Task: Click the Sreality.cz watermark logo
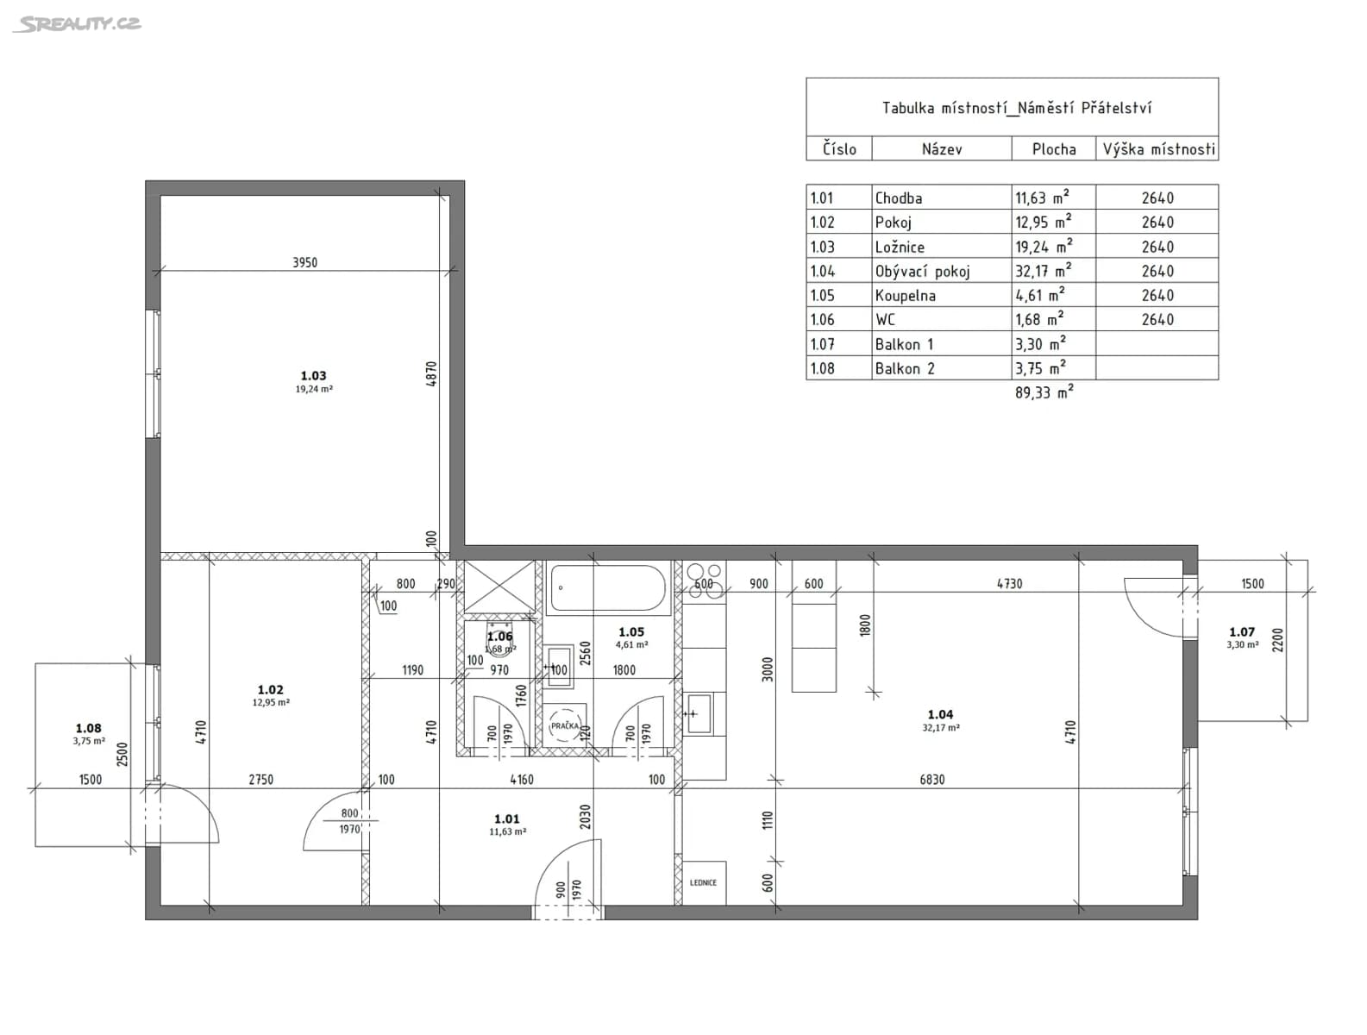(x=77, y=24)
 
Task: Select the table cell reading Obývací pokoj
(x=922, y=271)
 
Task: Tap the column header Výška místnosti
(x=1157, y=149)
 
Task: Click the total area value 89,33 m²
(x=1044, y=392)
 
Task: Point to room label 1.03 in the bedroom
(x=313, y=376)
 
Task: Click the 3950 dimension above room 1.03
(x=304, y=262)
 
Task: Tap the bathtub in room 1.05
(x=607, y=589)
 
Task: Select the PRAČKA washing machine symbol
(x=565, y=725)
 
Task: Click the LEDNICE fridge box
(x=703, y=882)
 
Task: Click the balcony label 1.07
(x=1242, y=632)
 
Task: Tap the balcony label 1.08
(x=88, y=729)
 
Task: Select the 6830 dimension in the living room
(x=931, y=780)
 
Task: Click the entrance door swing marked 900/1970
(x=565, y=880)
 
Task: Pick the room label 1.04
(x=940, y=714)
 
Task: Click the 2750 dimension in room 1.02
(x=260, y=780)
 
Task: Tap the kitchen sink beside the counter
(x=699, y=714)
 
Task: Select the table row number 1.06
(x=823, y=319)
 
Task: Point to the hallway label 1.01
(x=507, y=819)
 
